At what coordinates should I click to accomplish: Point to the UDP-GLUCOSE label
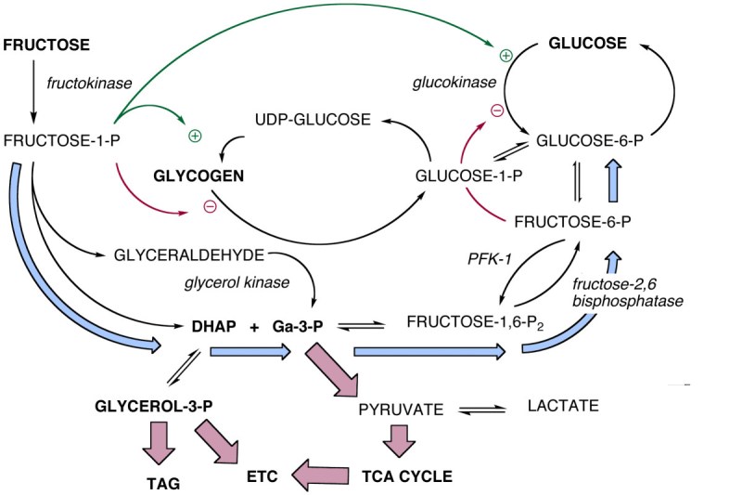313,120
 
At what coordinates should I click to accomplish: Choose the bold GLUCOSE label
586,44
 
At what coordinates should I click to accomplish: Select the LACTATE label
563,406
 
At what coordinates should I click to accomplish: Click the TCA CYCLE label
406,476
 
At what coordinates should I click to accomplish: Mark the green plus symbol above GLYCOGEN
195,136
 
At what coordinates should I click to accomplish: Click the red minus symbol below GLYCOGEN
210,205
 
